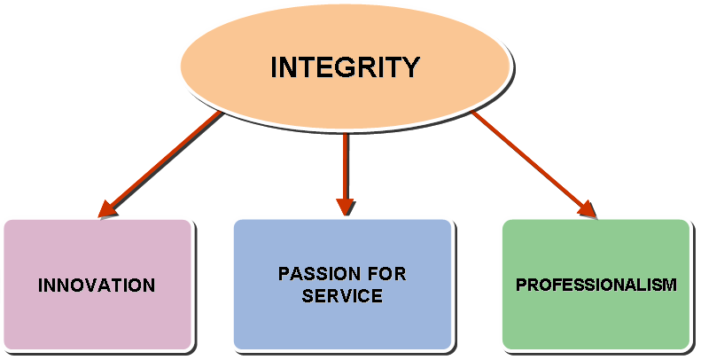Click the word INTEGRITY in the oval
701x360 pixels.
click(x=345, y=67)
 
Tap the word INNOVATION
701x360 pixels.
click(x=97, y=286)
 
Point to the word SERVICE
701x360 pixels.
click(x=342, y=296)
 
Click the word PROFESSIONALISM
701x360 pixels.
click(x=596, y=285)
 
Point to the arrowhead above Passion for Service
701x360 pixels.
click(x=345, y=205)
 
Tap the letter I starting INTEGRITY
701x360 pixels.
click(x=274, y=67)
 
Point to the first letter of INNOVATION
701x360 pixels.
click(x=41, y=286)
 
